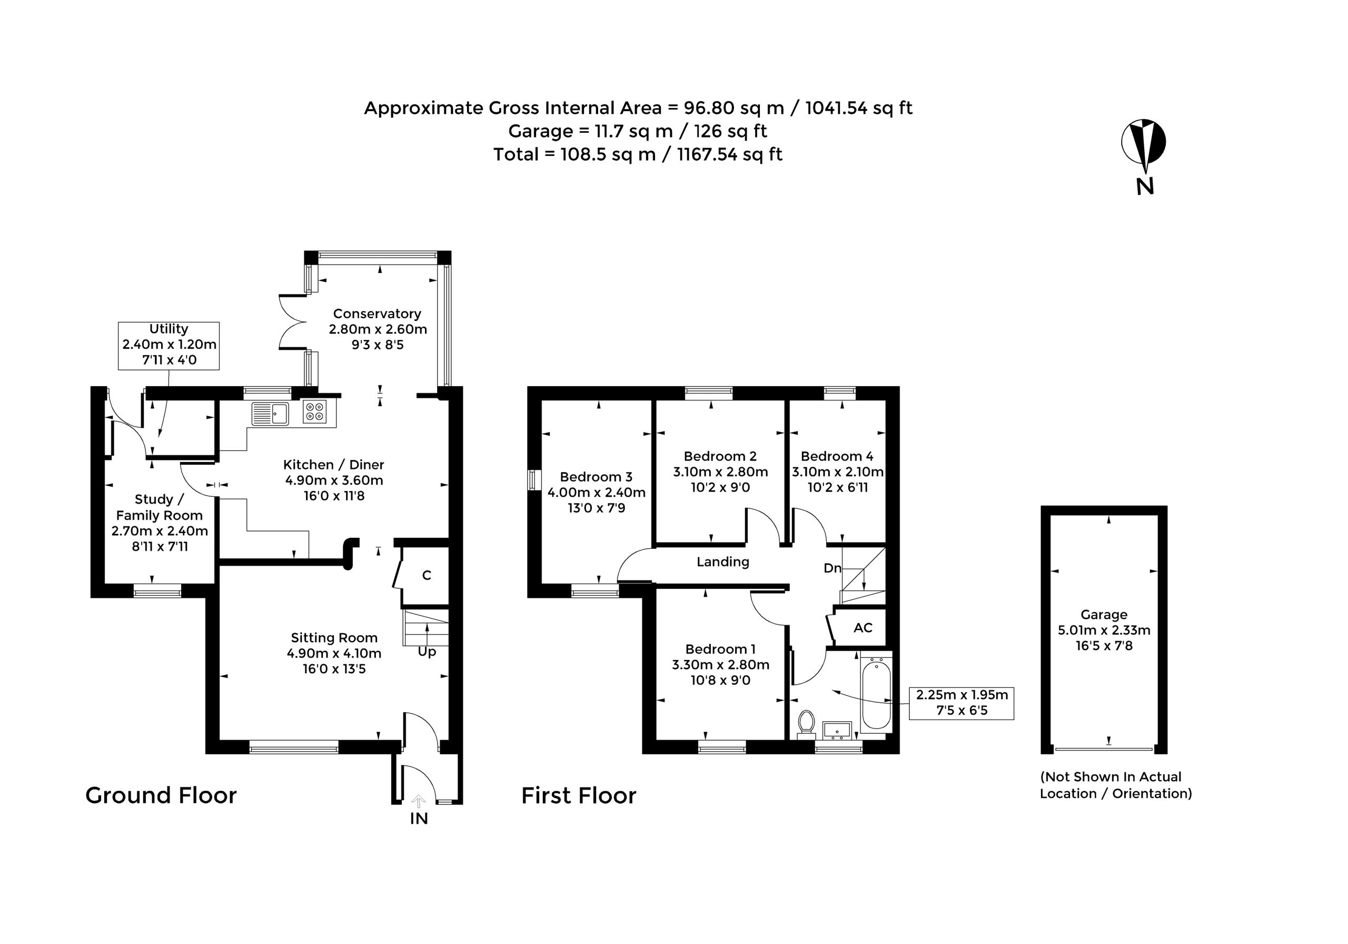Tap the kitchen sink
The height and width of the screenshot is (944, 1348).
point(271,413)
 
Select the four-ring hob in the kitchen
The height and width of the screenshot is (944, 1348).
point(315,412)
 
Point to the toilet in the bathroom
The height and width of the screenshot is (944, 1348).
point(807,724)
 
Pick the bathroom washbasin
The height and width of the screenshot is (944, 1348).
point(837,730)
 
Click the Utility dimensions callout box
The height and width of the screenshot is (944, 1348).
point(168,346)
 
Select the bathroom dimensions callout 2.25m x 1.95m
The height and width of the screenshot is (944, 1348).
point(962,703)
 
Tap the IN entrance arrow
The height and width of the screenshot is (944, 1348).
point(419,801)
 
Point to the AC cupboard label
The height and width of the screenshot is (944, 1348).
point(863,628)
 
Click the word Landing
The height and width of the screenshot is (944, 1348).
point(723,562)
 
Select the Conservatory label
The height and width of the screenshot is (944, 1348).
point(377,313)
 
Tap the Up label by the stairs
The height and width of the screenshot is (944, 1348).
point(427,652)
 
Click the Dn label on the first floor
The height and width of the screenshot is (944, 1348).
point(832,568)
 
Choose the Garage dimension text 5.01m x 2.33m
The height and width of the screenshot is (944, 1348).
point(1104,631)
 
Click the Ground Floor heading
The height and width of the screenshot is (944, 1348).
point(161,795)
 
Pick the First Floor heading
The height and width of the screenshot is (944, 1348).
point(579,796)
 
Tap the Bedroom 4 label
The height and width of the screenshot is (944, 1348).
point(837,456)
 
